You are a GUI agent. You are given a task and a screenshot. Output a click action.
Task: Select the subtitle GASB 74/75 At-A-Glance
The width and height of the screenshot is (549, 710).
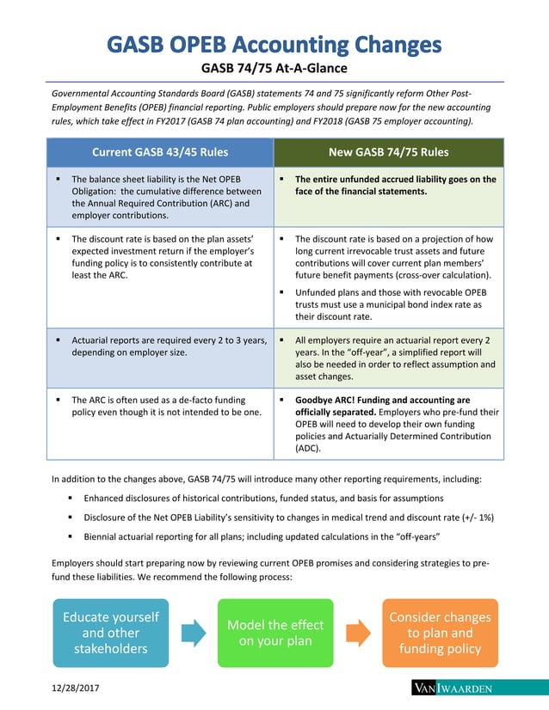click(274, 68)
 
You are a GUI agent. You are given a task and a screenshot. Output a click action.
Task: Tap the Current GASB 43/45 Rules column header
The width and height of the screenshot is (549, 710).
click(160, 153)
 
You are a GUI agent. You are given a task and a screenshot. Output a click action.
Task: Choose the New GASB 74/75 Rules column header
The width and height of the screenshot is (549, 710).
click(388, 153)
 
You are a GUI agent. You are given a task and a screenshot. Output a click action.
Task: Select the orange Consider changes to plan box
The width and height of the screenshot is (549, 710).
click(439, 633)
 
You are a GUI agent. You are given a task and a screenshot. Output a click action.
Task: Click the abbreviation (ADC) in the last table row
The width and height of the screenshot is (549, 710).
click(309, 448)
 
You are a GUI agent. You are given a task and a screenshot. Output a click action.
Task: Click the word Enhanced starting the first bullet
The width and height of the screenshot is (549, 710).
click(106, 499)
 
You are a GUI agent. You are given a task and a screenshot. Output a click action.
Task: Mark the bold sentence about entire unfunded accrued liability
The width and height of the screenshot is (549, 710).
click(395, 186)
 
